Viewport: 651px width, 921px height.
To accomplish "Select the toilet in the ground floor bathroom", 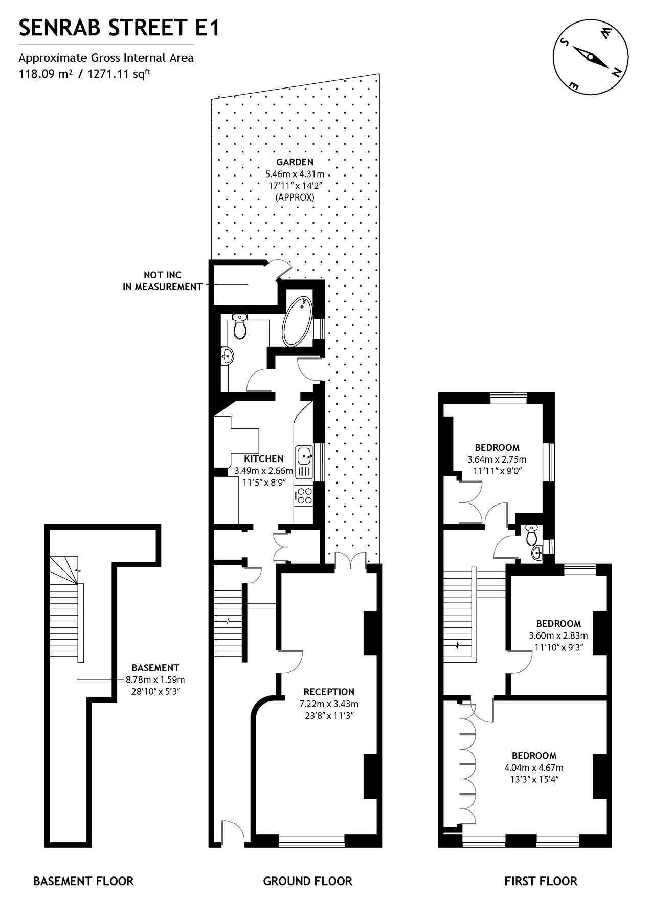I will pyautogui.click(x=239, y=327).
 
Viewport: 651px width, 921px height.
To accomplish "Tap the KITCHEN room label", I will pyautogui.click(x=263, y=458).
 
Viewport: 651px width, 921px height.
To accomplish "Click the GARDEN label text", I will pyautogui.click(x=295, y=162).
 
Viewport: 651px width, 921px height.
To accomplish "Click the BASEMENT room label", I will pyautogui.click(x=155, y=667).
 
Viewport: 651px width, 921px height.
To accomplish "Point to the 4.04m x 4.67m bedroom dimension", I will pyautogui.click(x=534, y=767).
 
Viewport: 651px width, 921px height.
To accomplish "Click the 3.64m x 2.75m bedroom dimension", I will pyautogui.click(x=497, y=459).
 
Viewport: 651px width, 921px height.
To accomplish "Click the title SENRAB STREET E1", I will pyautogui.click(x=119, y=29).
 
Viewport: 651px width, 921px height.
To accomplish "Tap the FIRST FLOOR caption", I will pyautogui.click(x=541, y=881).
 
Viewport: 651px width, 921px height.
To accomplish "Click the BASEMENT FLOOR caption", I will pyautogui.click(x=83, y=881).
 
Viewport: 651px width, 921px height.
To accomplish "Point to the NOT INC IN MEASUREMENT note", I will pyautogui.click(x=162, y=281).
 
